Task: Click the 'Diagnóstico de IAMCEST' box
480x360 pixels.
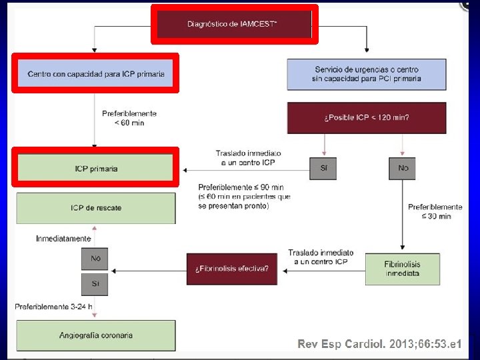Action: (234, 24)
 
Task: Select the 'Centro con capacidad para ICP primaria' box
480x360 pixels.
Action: (95, 73)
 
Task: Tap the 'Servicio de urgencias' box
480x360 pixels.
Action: (367, 75)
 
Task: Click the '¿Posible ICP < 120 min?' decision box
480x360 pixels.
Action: (367, 118)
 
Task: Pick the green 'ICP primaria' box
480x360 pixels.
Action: (95, 168)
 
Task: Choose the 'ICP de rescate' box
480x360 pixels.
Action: (96, 208)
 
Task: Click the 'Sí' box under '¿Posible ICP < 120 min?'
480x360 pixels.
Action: (323, 169)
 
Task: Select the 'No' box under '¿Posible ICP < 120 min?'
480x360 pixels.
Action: (402, 169)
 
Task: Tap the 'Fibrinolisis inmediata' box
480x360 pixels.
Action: (403, 269)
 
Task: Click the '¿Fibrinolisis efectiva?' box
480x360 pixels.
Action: (232, 269)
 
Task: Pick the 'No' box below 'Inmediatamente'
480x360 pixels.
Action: (95, 259)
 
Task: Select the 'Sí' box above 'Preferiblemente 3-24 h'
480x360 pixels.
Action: (95, 285)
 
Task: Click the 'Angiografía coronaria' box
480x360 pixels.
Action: (96, 335)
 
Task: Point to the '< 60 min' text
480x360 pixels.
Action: (129, 123)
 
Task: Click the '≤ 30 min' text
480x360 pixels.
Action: (436, 217)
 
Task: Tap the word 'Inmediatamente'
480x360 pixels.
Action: (63, 239)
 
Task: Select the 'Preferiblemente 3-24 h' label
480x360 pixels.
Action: (53, 307)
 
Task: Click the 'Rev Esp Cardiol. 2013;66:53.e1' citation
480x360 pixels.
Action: (379, 344)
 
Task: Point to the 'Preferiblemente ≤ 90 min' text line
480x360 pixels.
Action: (241, 187)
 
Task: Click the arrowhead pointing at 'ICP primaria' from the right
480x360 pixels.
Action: (185, 170)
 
